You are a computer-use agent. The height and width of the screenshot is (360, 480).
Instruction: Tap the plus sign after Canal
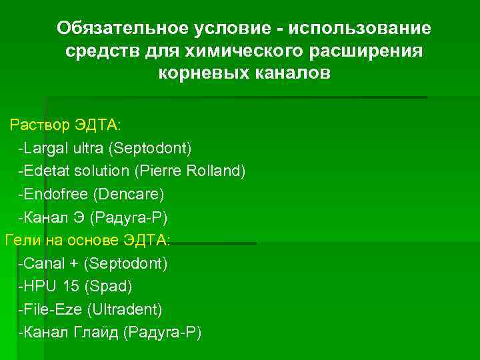click(x=69, y=263)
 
